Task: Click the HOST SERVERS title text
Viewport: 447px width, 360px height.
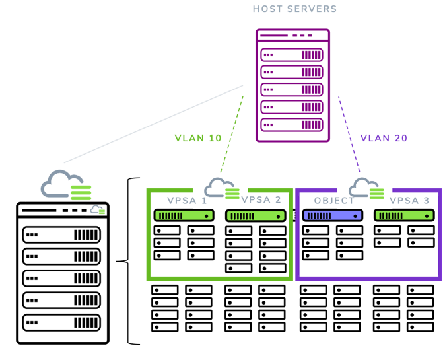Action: coord(294,9)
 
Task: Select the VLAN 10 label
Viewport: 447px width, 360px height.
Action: coord(198,138)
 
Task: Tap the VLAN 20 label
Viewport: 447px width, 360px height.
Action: coord(384,138)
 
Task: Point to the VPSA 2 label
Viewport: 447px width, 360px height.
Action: coord(261,200)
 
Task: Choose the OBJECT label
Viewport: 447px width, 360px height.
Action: coord(334,200)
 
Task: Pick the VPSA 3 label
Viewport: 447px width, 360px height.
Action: coord(409,200)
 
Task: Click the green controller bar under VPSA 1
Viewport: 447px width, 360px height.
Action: coord(185,215)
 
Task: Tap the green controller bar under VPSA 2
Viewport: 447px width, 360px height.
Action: coord(256,215)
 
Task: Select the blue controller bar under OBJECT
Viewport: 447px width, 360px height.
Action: coord(333,215)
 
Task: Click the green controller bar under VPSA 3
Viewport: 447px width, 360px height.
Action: coord(404,215)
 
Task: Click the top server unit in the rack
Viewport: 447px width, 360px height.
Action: coord(292,54)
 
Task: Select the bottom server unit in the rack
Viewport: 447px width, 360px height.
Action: coord(292,124)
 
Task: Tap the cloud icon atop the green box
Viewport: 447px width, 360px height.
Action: coord(221,186)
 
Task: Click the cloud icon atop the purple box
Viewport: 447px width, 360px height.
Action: coord(365,186)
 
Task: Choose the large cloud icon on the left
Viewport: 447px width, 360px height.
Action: coord(64,184)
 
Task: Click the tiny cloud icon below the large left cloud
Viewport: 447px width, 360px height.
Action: coord(98,210)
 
